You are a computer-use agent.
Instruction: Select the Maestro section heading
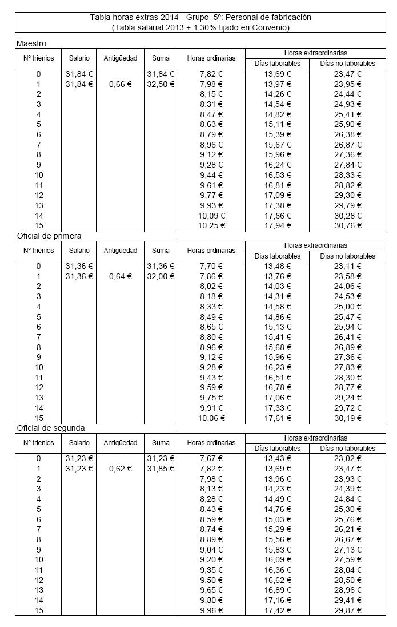(x=31, y=43)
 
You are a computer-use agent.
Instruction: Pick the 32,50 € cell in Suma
(x=161, y=84)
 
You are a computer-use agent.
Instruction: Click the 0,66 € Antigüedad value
(x=120, y=84)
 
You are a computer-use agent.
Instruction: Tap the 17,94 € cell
(x=277, y=225)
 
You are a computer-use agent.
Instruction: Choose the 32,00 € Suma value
(x=161, y=276)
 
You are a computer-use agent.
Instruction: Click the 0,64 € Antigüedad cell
(x=120, y=276)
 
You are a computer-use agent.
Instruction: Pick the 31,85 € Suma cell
(x=161, y=469)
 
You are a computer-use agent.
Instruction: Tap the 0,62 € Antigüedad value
(x=120, y=469)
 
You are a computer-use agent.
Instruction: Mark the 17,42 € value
(x=277, y=610)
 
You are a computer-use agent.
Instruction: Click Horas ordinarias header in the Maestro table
(x=211, y=58)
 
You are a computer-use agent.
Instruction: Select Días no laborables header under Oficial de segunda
(x=347, y=448)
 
